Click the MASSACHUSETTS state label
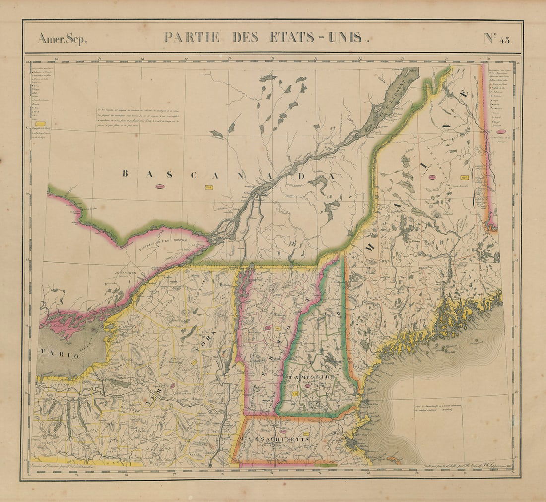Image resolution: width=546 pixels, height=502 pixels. [274, 439]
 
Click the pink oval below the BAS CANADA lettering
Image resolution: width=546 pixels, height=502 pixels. [159, 187]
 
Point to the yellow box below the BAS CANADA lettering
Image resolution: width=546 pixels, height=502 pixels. [208, 187]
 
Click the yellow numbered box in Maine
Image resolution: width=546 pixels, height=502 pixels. [465, 177]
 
